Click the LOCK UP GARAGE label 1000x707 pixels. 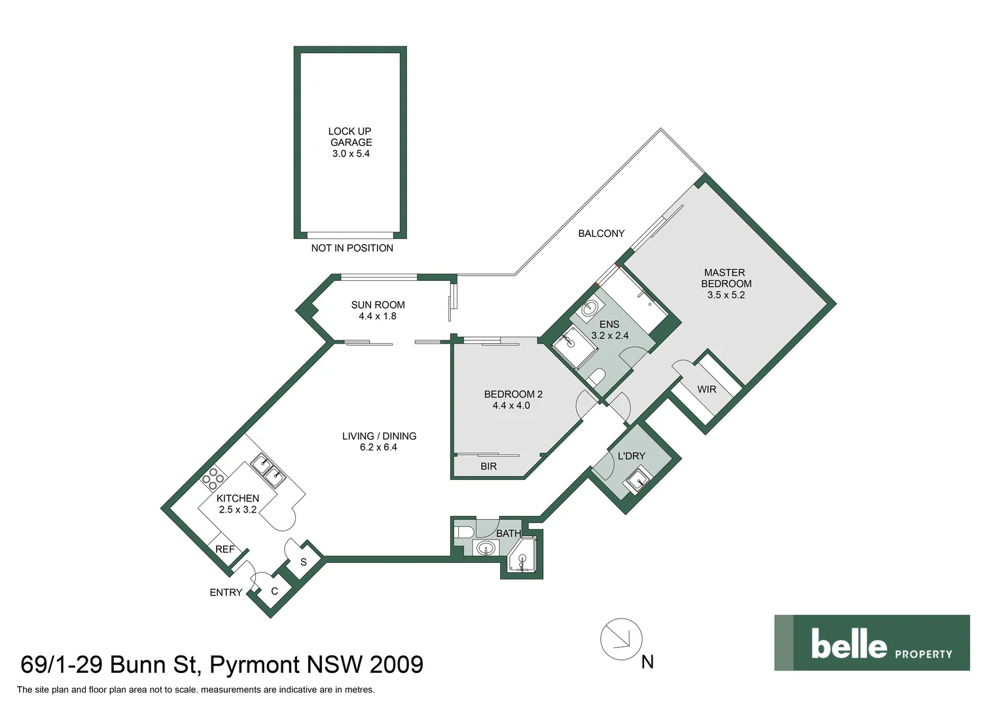350,137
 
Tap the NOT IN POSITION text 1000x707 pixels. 352,248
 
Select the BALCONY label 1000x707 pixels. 601,234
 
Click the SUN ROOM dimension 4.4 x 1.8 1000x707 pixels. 378,316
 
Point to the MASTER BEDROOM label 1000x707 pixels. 725,278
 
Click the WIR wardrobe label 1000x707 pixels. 706,390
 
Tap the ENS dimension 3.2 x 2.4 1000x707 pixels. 609,336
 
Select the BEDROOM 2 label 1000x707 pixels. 513,394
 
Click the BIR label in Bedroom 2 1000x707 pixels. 488,466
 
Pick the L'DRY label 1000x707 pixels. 631,456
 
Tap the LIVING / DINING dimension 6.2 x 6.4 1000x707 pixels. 378,448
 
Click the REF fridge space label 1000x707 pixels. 224,549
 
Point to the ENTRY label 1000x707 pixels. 226,592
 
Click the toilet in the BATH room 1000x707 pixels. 463,531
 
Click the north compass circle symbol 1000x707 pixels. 621,639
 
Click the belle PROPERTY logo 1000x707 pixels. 872,643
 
